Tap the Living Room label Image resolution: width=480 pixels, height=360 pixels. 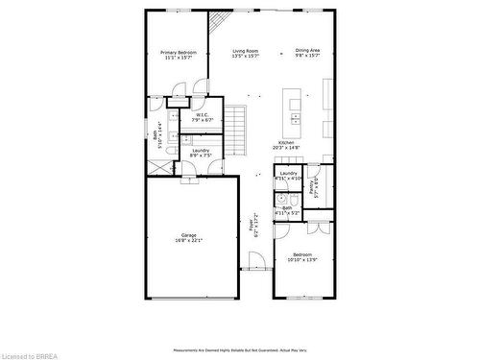click(x=245, y=52)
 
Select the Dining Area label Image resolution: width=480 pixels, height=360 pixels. click(x=307, y=52)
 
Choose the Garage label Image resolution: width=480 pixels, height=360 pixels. click(x=189, y=235)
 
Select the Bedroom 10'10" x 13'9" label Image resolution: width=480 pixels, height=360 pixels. click(x=302, y=256)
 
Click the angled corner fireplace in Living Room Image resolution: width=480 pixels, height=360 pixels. click(x=220, y=20)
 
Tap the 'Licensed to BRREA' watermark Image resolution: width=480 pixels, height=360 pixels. click(x=28, y=354)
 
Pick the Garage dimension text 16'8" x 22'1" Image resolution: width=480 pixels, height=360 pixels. click(x=189, y=240)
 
